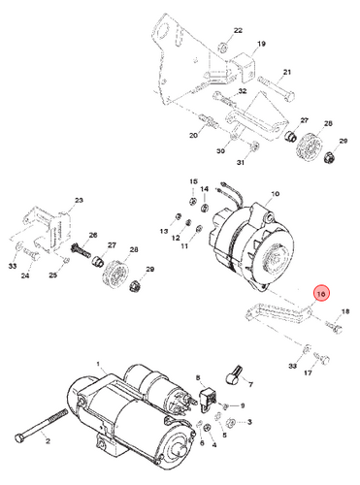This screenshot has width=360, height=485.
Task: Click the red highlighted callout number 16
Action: [321, 294]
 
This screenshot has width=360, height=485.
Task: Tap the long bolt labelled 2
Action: [42, 425]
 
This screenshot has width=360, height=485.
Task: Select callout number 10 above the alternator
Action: [275, 194]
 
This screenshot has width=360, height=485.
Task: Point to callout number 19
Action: [261, 44]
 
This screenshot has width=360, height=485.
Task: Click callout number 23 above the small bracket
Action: [79, 200]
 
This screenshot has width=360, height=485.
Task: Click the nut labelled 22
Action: [222, 47]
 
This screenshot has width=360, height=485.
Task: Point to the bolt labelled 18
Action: [333, 327]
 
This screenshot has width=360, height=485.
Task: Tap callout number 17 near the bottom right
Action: [308, 372]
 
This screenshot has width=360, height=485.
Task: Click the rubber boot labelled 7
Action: [232, 376]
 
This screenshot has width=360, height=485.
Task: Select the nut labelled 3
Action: [231, 422]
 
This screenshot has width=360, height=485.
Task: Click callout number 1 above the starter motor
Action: [99, 364]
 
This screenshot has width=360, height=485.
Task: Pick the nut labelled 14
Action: [205, 207]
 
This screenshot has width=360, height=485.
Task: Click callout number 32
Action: [243, 91]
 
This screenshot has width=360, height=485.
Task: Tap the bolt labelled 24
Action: [31, 257]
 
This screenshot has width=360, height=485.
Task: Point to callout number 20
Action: [193, 135]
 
